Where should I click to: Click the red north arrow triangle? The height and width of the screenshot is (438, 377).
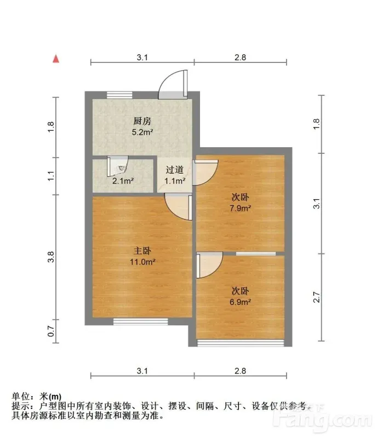[x=56, y=59]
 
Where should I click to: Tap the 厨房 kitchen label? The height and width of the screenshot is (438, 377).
[x=142, y=121]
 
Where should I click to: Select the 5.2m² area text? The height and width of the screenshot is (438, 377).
[x=142, y=132]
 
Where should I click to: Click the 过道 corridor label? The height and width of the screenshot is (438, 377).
[x=174, y=170]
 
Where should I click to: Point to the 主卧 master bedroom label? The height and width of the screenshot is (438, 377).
[x=142, y=251]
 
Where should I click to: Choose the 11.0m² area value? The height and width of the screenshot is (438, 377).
[x=142, y=262]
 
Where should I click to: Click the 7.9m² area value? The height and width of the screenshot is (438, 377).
[x=240, y=209]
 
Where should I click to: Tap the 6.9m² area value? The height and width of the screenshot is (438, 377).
[x=240, y=302]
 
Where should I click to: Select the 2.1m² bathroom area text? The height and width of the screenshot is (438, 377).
[x=123, y=181]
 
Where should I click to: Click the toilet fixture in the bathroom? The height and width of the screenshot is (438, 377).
[x=121, y=168]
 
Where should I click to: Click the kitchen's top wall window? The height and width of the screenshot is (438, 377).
[x=119, y=95]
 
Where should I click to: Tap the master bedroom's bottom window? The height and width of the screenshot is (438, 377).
[x=140, y=321]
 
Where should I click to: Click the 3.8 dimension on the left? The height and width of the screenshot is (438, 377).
[x=50, y=257]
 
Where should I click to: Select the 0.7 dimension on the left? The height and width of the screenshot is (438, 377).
[x=50, y=331]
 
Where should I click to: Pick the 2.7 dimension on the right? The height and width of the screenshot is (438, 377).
[x=316, y=297]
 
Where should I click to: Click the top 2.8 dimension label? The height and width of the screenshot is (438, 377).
[x=240, y=57]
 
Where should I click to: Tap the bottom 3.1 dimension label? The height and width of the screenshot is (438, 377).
[x=142, y=371]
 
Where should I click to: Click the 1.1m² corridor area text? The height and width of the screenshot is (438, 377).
[x=175, y=181]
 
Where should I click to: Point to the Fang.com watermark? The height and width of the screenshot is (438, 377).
[x=322, y=418]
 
